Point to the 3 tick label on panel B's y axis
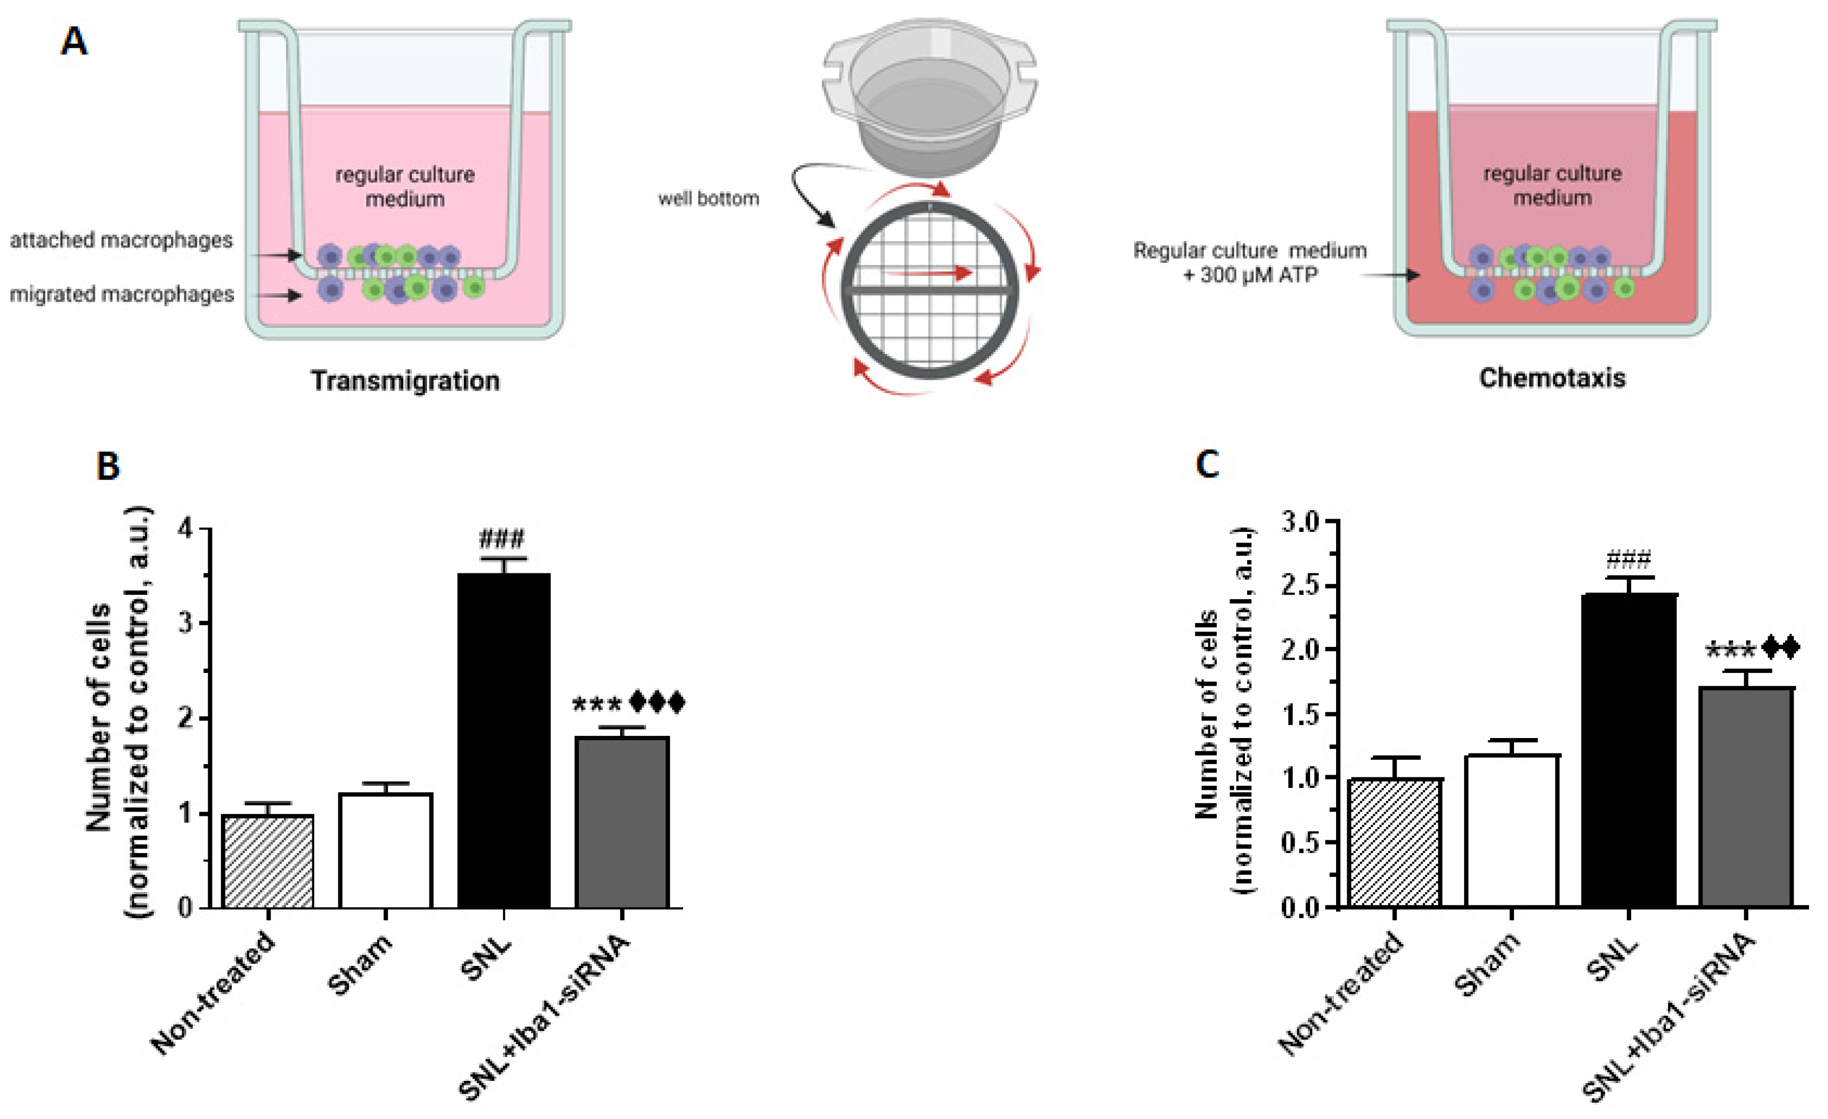click(185, 623)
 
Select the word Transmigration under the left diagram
click(405, 380)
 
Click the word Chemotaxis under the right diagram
click(1552, 378)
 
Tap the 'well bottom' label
click(709, 199)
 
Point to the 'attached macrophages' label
click(121, 241)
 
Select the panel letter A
click(74, 41)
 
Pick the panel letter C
click(1207, 465)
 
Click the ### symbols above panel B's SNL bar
click(502, 538)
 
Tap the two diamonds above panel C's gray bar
click(1780, 648)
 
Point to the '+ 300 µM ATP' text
click(1250, 276)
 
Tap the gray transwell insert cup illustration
click(929, 96)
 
